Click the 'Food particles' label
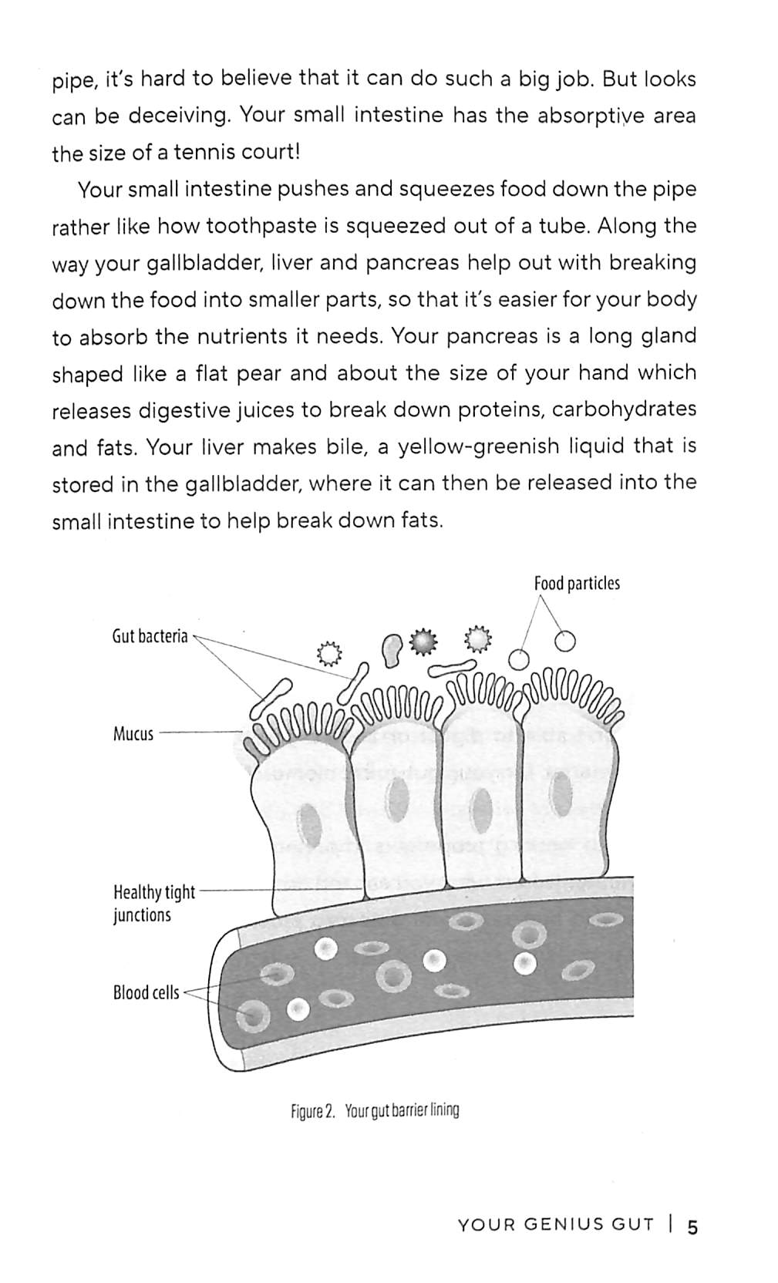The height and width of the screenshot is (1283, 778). click(576, 584)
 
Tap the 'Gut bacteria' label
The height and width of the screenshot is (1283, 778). click(150, 637)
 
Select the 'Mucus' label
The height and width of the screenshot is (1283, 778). click(133, 733)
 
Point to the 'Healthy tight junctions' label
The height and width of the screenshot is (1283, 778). click(153, 904)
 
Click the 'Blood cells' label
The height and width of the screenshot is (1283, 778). click(146, 992)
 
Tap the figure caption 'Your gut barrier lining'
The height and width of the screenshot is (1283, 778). click(401, 1111)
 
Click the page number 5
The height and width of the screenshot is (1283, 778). click(692, 1227)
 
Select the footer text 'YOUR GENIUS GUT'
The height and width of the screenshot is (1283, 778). click(555, 1225)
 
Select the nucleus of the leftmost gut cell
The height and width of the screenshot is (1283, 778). click(311, 824)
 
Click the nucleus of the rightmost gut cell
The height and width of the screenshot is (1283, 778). click(562, 792)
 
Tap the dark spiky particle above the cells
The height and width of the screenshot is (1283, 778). click(423, 641)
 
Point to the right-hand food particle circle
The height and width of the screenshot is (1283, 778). click(566, 641)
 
